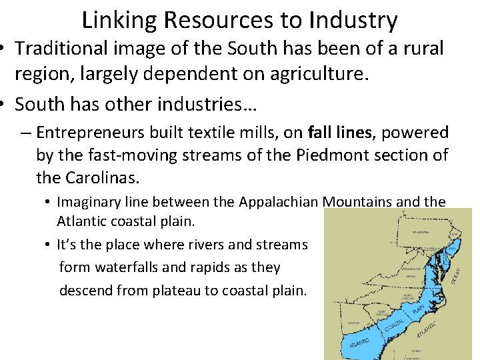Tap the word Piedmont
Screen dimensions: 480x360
coord(318,155)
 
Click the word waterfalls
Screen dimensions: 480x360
coord(123,267)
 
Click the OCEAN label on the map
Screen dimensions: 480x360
coord(456,273)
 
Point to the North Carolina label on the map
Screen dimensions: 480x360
coord(407,296)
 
